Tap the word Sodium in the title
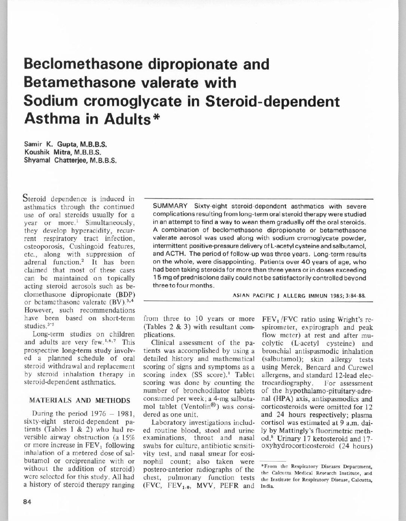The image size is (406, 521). click(x=51, y=101)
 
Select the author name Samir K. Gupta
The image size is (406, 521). click(x=61, y=144)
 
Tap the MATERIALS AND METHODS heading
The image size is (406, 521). click(x=80, y=401)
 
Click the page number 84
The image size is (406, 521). click(x=27, y=502)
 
